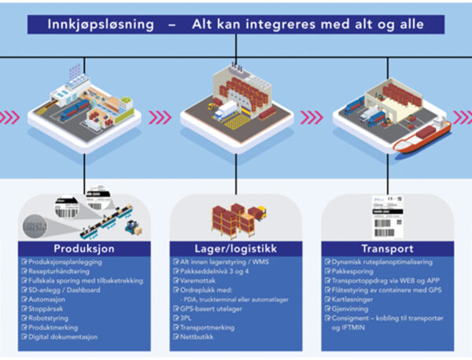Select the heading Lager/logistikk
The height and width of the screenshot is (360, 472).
pos(235,246)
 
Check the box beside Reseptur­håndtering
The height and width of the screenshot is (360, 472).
pos(24,268)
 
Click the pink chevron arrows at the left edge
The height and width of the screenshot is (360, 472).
pos(10,117)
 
